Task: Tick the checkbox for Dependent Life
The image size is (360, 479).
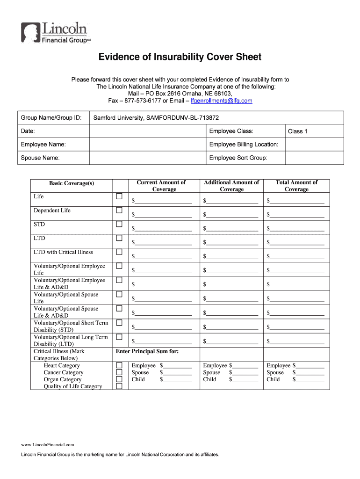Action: pyautogui.click(x=119, y=210)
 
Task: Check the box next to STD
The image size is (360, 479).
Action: pyautogui.click(x=119, y=224)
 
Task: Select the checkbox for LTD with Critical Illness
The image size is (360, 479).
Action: pyautogui.click(x=119, y=252)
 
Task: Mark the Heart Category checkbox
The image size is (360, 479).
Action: pyautogui.click(x=119, y=365)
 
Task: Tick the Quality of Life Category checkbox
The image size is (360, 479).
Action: pyautogui.click(x=119, y=386)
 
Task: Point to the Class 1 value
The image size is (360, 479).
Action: pyautogui.click(x=297, y=131)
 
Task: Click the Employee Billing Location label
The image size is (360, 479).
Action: pyautogui.click(x=244, y=145)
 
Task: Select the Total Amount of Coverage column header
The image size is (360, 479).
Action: pyautogui.click(x=296, y=186)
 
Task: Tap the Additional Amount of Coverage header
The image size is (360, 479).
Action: pyautogui.click(x=231, y=186)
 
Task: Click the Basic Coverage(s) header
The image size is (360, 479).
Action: pyautogui.click(x=72, y=183)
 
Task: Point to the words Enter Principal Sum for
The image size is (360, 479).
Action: pyautogui.click(x=147, y=351)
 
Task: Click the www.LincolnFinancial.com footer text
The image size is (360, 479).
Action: pyautogui.click(x=47, y=444)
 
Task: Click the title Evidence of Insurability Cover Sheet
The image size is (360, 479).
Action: pyautogui.click(x=180, y=58)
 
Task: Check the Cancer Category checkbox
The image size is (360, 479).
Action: pyautogui.click(x=119, y=372)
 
